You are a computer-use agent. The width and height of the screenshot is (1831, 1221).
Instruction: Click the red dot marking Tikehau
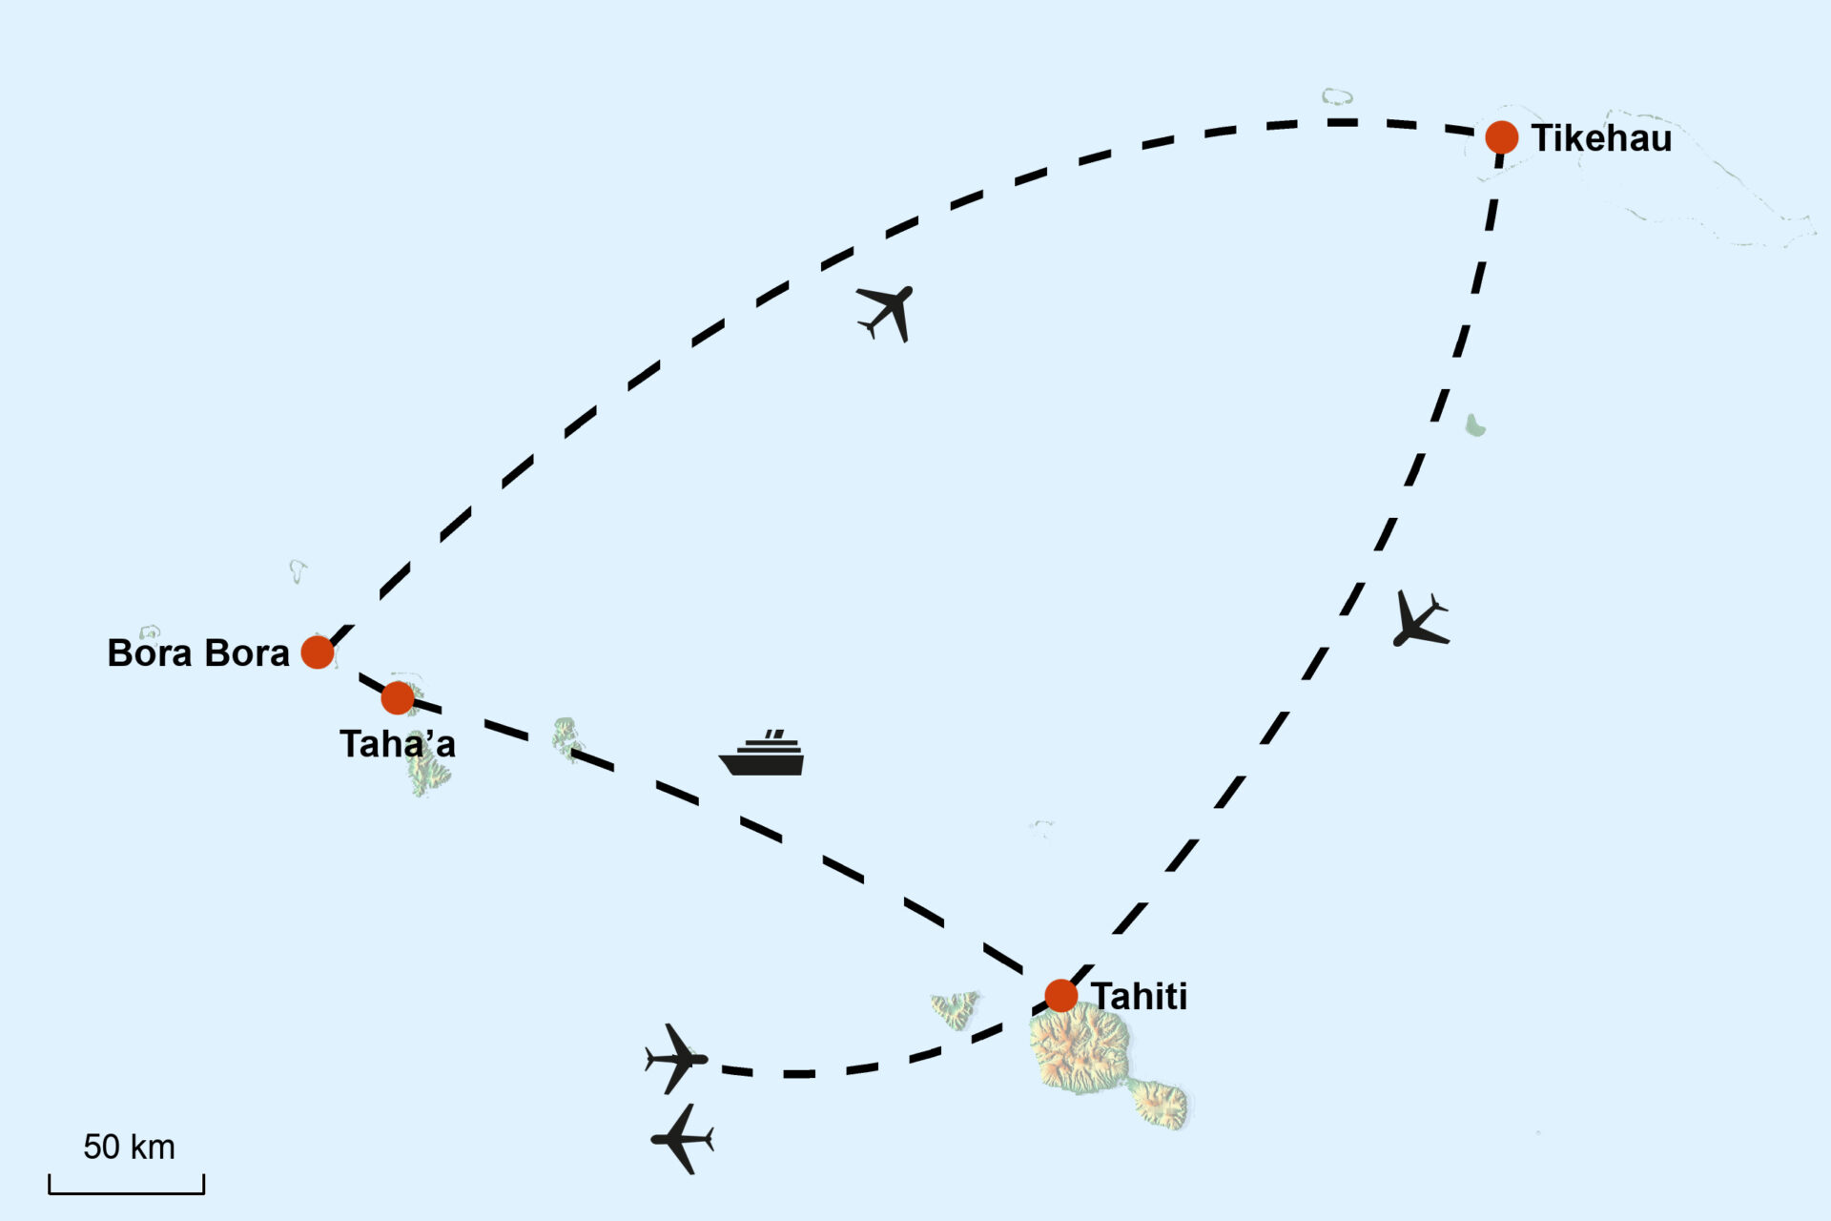pyautogui.click(x=1501, y=137)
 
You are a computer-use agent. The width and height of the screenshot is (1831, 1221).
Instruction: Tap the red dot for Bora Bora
pyautogui.click(x=318, y=652)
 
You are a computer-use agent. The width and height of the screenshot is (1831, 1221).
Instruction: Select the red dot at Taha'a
pyautogui.click(x=398, y=698)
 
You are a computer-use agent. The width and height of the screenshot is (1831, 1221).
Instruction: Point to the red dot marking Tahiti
pyautogui.click(x=1060, y=996)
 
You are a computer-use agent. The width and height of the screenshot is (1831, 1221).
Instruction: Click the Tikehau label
pyautogui.click(x=1601, y=139)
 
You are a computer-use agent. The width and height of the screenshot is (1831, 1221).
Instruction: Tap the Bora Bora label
pyautogui.click(x=197, y=653)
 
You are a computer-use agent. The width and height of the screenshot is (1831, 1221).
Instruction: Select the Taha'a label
pyautogui.click(x=397, y=745)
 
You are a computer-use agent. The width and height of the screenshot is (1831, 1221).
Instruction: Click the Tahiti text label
pyautogui.click(x=1139, y=997)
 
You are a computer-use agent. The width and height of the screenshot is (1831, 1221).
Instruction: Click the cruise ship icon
pyautogui.click(x=762, y=755)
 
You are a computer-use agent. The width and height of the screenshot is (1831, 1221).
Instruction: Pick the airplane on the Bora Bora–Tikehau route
pyautogui.click(x=888, y=311)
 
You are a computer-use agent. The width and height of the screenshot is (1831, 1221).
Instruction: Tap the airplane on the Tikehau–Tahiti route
pyautogui.click(x=1419, y=620)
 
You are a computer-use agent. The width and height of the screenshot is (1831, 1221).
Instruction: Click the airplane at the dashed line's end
pyautogui.click(x=676, y=1059)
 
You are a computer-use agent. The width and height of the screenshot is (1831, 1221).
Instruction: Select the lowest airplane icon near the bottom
pyautogui.click(x=683, y=1139)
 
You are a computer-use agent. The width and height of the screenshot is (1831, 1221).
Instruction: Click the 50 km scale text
pyautogui.click(x=129, y=1148)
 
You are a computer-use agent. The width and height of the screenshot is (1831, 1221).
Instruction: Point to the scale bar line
pyautogui.click(x=127, y=1191)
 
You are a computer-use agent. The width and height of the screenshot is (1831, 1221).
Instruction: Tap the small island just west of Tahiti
pyautogui.click(x=955, y=1008)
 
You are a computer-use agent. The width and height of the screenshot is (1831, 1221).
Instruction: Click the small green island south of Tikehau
pyautogui.click(x=1475, y=425)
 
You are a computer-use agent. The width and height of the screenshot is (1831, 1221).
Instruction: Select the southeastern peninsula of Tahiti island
pyautogui.click(x=1161, y=1105)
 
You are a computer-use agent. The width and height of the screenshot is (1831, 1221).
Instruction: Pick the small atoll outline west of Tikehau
pyautogui.click(x=1337, y=96)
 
